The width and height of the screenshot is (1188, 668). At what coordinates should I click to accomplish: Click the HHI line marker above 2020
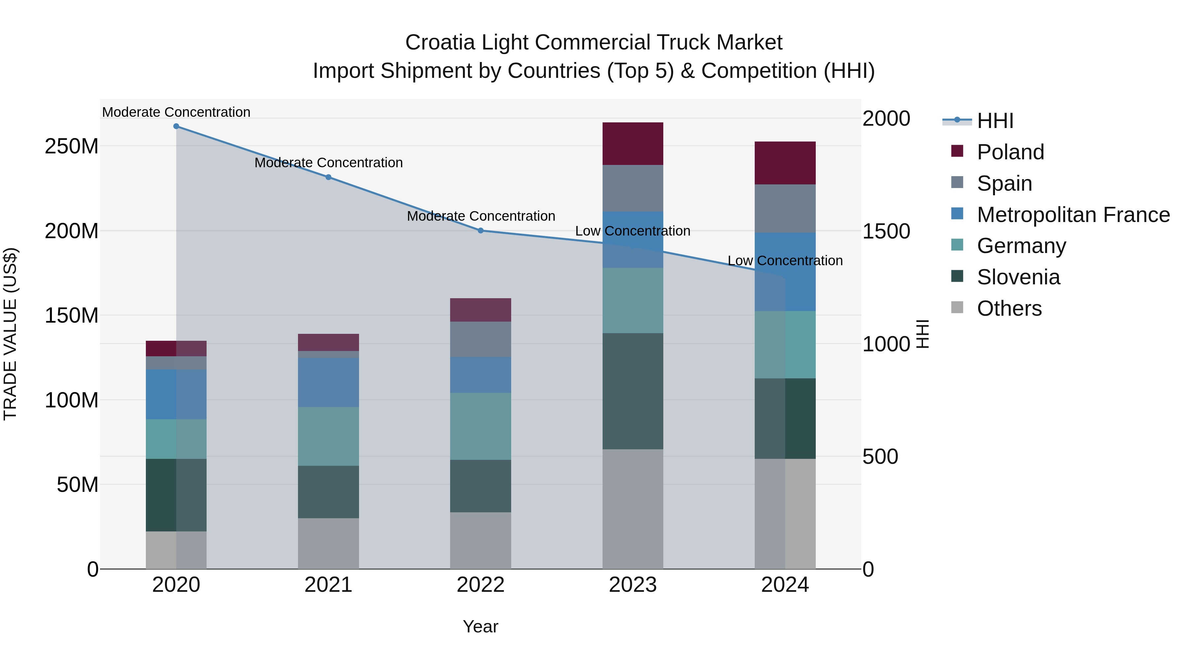(x=176, y=126)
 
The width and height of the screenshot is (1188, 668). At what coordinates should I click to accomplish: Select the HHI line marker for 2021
(x=328, y=177)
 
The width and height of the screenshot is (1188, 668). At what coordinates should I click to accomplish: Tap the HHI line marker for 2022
(x=480, y=231)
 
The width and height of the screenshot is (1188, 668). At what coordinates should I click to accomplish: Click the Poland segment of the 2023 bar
(x=633, y=143)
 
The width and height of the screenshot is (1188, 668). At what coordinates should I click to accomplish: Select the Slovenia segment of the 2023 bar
(x=633, y=391)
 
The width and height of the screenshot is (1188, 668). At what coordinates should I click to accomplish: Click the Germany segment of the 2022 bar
(x=480, y=426)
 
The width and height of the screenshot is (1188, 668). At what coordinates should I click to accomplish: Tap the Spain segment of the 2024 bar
(x=785, y=208)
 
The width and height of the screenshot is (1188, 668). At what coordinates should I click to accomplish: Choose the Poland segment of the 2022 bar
(x=480, y=310)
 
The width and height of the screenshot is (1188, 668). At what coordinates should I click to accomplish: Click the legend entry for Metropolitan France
(x=1073, y=215)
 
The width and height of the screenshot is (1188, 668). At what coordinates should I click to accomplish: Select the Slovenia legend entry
(x=1018, y=277)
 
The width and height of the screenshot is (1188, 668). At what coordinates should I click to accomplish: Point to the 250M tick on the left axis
(x=72, y=146)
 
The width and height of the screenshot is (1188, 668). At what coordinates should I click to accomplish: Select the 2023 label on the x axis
(x=633, y=585)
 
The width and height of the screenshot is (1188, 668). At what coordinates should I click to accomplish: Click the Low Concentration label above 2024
(x=785, y=261)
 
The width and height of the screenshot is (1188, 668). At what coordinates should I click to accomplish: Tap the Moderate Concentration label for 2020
(x=176, y=112)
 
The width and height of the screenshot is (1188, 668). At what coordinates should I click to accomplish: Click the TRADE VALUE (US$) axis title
(x=10, y=334)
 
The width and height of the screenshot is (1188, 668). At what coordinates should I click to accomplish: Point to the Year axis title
(x=480, y=626)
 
